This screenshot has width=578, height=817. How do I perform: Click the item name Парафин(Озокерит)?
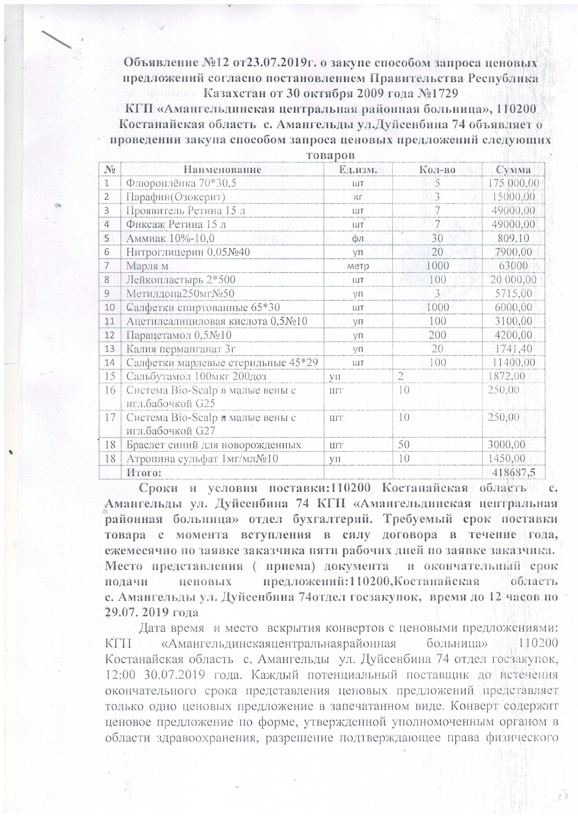(x=175, y=197)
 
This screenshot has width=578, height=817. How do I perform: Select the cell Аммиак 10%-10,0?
(x=170, y=238)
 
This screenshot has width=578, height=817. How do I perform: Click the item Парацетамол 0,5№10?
(x=179, y=335)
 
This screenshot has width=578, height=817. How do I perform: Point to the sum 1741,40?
(x=513, y=349)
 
